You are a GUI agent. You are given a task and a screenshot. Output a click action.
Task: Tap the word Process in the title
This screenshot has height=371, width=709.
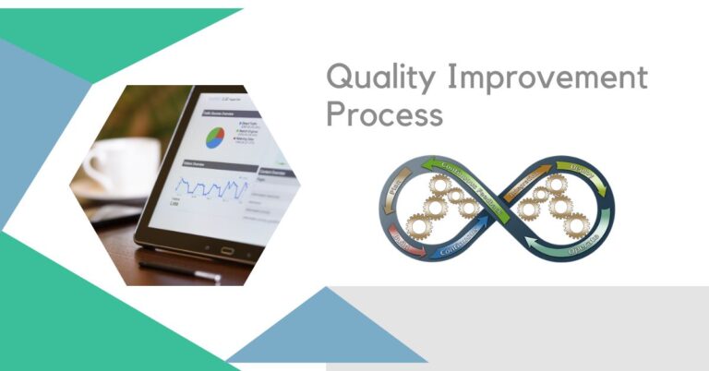(x=384, y=115)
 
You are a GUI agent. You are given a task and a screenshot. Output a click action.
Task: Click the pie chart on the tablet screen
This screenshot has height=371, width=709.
(x=214, y=138)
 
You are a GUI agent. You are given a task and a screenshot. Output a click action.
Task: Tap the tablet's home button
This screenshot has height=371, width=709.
(x=226, y=249)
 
